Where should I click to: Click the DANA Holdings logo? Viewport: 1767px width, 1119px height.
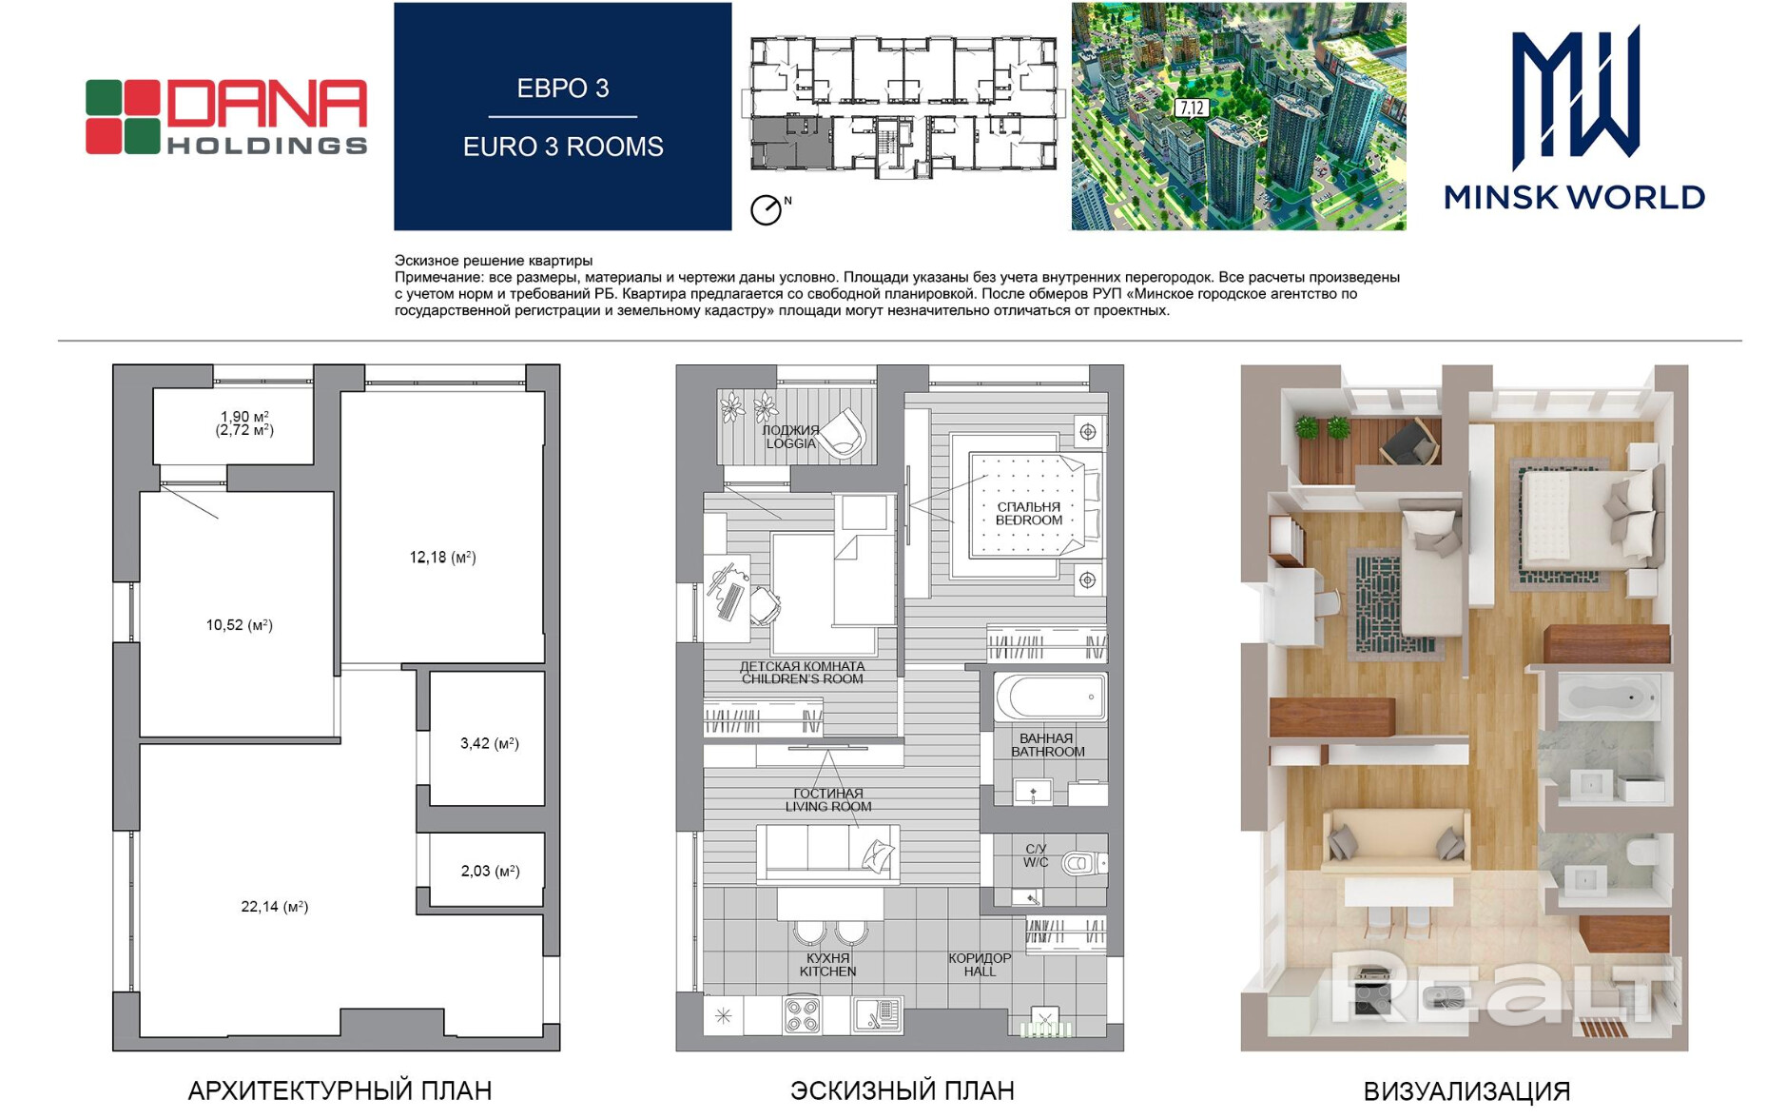coord(226,117)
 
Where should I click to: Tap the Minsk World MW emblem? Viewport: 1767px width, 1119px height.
coord(1575,96)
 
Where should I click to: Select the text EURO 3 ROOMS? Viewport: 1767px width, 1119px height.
coord(563,147)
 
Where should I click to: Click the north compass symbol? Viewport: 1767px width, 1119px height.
coord(767,209)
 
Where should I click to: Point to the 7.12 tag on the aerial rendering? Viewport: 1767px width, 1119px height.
coord(1192,108)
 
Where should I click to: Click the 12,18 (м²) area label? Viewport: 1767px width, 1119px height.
coord(442,558)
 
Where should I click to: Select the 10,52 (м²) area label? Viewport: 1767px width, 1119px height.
coord(240,625)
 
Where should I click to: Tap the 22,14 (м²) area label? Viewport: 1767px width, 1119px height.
coord(275,907)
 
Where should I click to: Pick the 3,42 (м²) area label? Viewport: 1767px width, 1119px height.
coord(490,743)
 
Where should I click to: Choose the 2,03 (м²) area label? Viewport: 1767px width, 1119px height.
coord(490,871)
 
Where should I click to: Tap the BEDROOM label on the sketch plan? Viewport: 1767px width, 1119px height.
coord(1029,520)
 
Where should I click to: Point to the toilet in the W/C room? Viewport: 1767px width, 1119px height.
coord(1083,863)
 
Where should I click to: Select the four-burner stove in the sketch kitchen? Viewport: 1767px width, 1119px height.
coord(803,1015)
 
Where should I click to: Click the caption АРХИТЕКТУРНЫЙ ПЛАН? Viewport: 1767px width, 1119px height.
coord(340,1090)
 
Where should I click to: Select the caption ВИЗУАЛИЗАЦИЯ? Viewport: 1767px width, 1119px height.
coord(1466,1091)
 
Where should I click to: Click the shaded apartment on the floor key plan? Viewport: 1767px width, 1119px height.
coord(791,144)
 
